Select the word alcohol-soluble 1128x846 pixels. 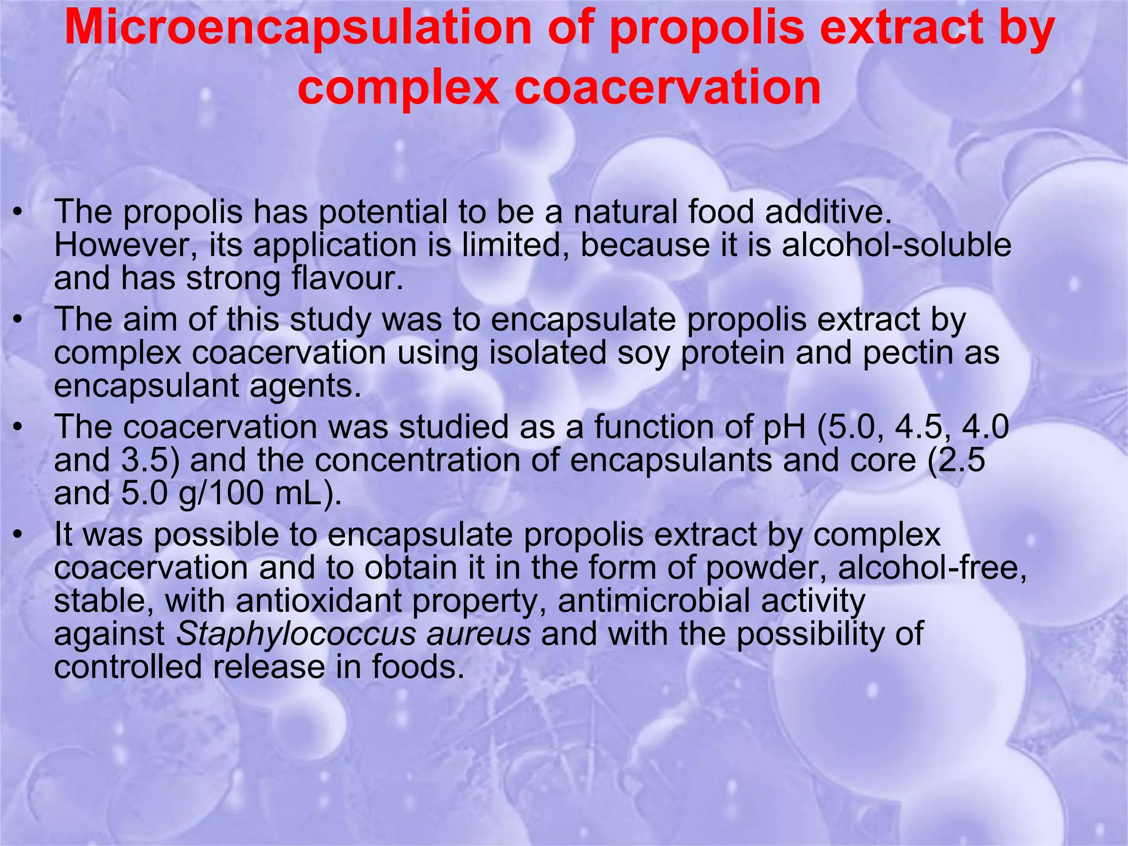[x=897, y=245]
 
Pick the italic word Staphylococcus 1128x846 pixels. [x=296, y=634]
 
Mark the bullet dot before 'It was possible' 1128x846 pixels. [x=19, y=535]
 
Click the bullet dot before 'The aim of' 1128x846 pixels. [x=19, y=320]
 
